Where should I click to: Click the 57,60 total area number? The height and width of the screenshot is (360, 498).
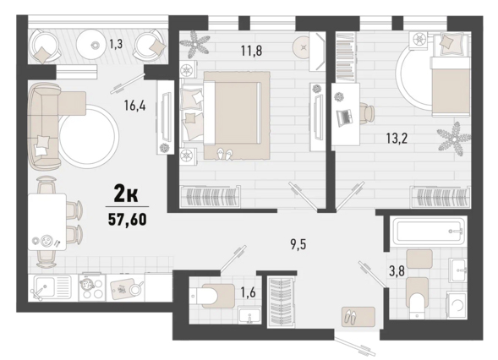pos(128,219)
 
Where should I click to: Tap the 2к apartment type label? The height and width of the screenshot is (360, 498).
pos(126,194)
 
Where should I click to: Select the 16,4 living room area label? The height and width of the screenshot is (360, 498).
pos(135,105)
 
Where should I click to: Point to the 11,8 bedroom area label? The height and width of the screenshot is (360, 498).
pos(252,50)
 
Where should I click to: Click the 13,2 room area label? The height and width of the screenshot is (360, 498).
pos(397,139)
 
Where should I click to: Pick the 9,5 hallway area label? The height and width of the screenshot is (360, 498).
pos(298,245)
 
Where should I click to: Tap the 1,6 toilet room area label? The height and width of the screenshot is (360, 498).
pos(248,292)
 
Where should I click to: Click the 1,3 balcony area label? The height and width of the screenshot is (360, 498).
pos(116,44)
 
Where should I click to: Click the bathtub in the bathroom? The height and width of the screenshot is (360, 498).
pos(429,230)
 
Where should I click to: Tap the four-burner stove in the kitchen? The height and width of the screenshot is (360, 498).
pos(92,287)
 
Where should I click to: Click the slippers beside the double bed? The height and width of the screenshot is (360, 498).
pos(223,154)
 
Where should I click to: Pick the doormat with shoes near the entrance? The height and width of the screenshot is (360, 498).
pos(358,316)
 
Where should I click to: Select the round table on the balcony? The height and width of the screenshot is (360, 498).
pos(94,45)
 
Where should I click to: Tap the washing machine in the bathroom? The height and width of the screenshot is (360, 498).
pos(457,305)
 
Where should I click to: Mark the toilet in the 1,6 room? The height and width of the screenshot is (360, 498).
pos(212,296)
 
